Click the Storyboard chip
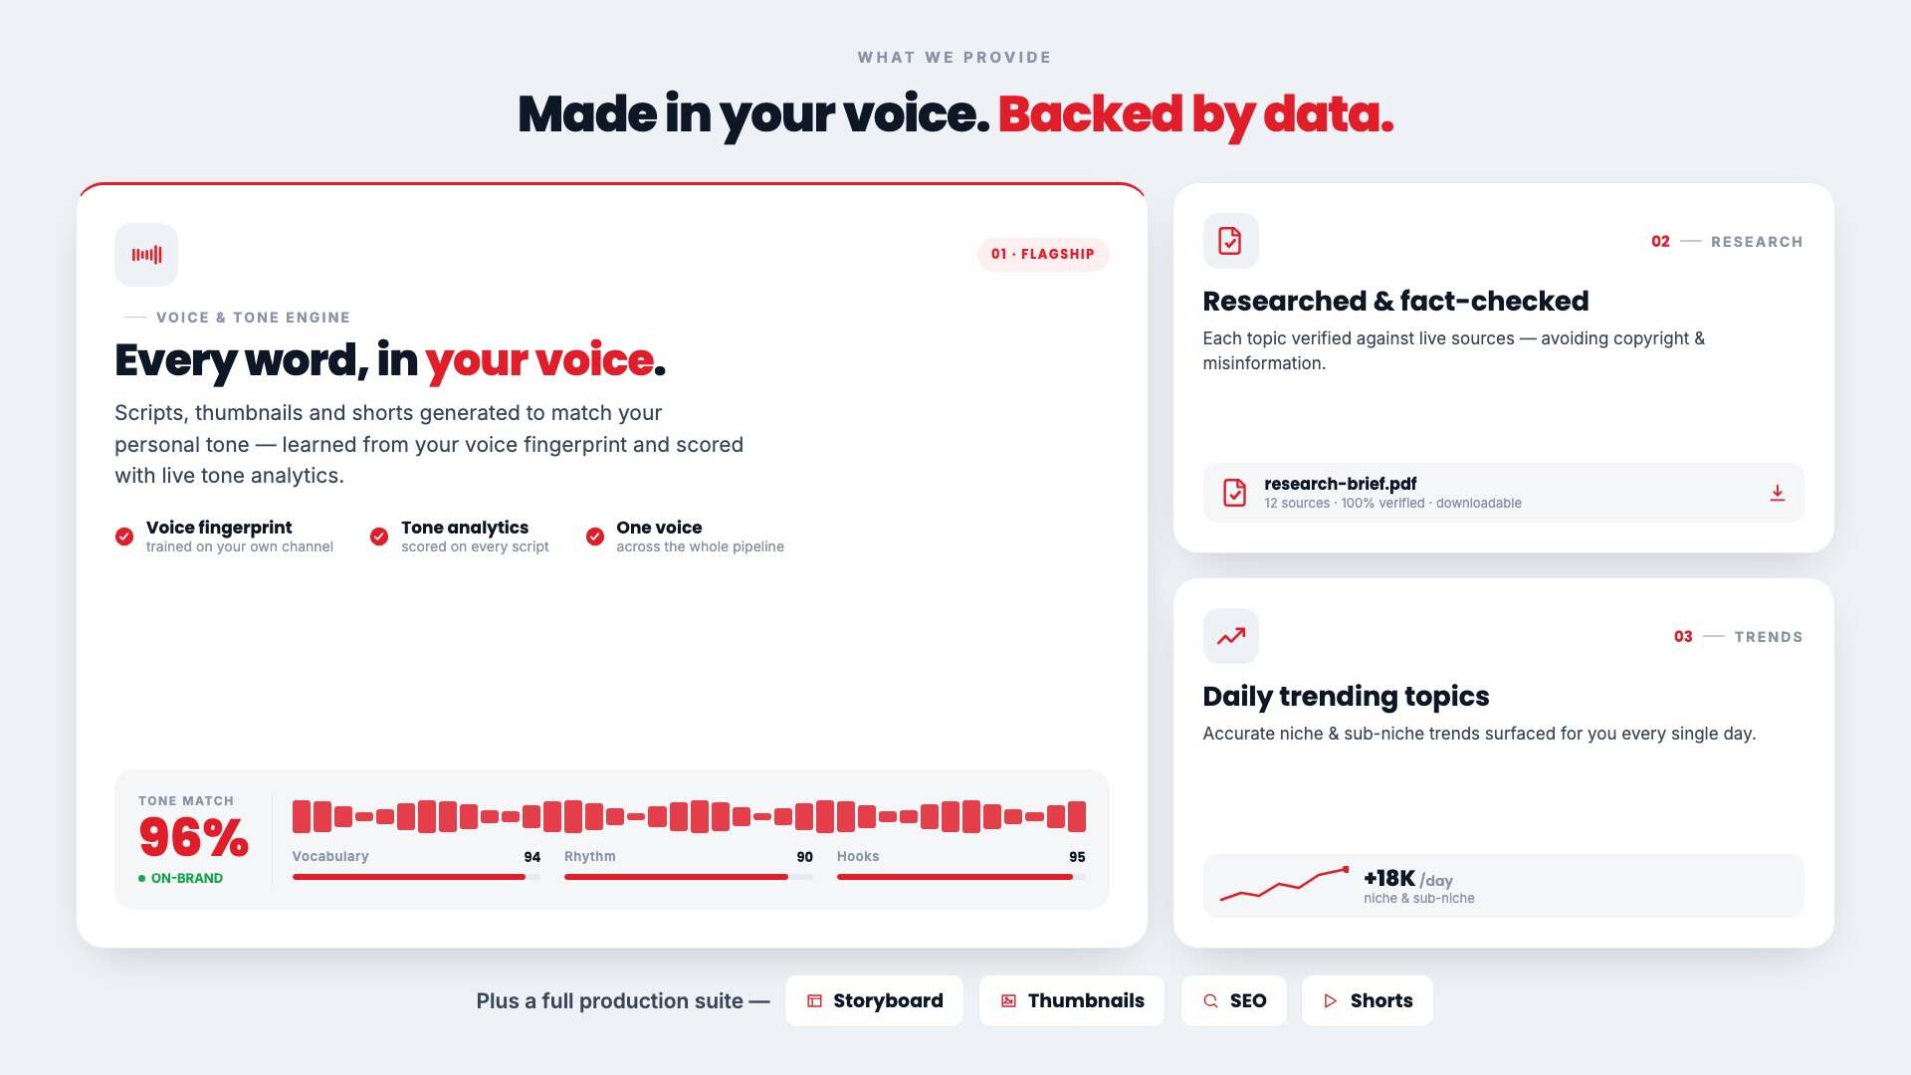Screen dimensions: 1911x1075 pyautogui.click(x=874, y=1000)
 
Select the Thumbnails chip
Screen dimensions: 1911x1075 pyautogui.click(x=1072, y=1000)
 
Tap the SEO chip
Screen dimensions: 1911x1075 pyautogui.click(x=1234, y=1000)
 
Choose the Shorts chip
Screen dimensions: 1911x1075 pyautogui.click(x=1368, y=1000)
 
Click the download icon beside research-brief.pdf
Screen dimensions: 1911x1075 pyautogui.click(x=1778, y=493)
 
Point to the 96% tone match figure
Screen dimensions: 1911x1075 pyautogui.click(x=194, y=837)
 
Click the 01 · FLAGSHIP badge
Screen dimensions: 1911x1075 pyautogui.click(x=1043, y=254)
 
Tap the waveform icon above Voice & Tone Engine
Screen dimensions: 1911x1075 pyautogui.click(x=146, y=255)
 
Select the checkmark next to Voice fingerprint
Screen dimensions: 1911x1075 pyautogui.click(x=124, y=537)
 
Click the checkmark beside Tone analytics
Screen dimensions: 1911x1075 pyautogui.click(x=379, y=537)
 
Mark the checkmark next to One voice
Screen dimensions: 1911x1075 pyautogui.click(x=595, y=537)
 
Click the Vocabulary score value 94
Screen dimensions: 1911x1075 pyautogui.click(x=532, y=857)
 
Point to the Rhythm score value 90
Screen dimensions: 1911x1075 pyautogui.click(x=805, y=857)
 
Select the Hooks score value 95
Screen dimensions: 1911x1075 pyautogui.click(x=1077, y=857)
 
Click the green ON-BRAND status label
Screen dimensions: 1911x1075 pyautogui.click(x=181, y=878)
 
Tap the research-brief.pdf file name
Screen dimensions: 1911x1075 pyautogui.click(x=1341, y=484)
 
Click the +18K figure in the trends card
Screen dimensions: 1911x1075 pyautogui.click(x=1389, y=878)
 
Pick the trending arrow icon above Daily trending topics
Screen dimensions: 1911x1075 pyautogui.click(x=1231, y=636)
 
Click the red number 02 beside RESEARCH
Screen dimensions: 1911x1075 pyautogui.click(x=1660, y=242)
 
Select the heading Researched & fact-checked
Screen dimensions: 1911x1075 pyautogui.click(x=1395, y=301)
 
